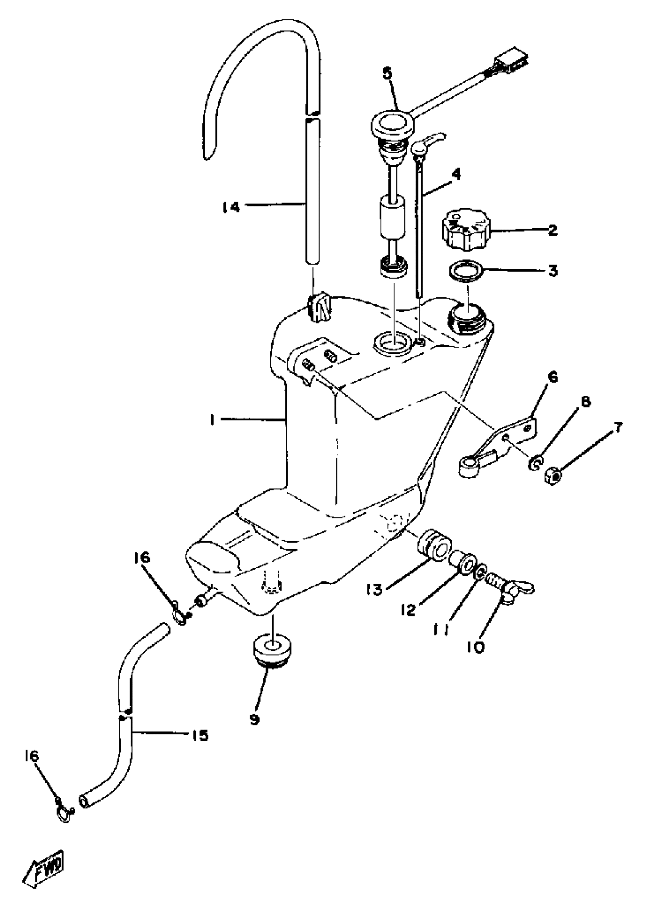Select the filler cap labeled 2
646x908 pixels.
(x=465, y=230)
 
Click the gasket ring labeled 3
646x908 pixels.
(x=465, y=271)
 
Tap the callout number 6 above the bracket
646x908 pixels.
(x=553, y=377)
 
